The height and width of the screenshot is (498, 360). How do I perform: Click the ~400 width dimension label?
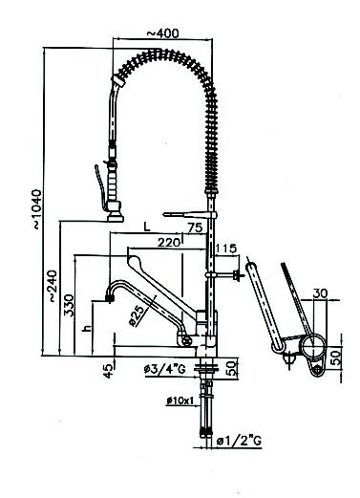[x=162, y=33]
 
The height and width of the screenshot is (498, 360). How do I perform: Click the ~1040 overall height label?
[x=37, y=209]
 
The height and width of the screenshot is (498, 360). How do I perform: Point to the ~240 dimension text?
[x=53, y=286]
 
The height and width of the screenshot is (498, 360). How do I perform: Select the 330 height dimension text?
[x=69, y=305]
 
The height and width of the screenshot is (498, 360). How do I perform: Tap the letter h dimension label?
[x=86, y=328]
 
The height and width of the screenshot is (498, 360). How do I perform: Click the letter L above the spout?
[x=146, y=227]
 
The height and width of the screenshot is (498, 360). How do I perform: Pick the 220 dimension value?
[x=168, y=243]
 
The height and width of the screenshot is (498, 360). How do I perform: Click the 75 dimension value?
[x=195, y=227]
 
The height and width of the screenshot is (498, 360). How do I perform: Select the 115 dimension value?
[x=226, y=249]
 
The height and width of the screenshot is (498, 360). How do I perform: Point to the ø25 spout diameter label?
[x=139, y=315]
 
